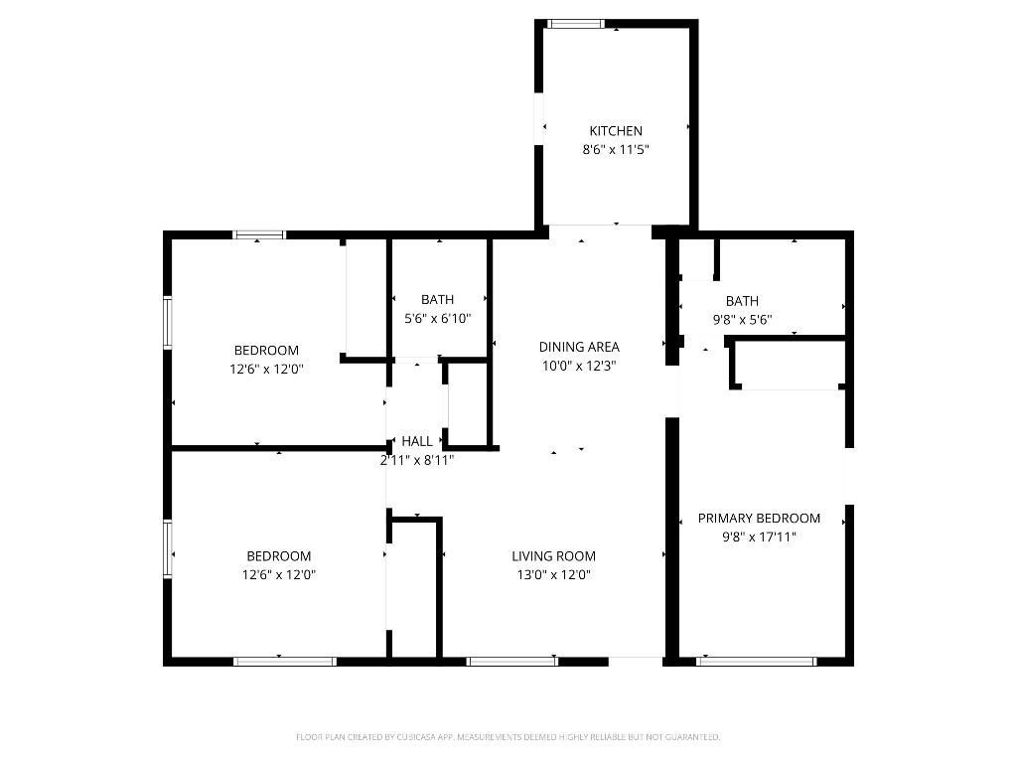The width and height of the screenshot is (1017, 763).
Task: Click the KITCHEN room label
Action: coord(616,131)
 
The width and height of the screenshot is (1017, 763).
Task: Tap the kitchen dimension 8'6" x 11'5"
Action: coord(616,150)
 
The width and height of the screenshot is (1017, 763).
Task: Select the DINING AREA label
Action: coord(579,347)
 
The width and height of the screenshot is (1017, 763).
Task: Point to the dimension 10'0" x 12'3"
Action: coord(579,366)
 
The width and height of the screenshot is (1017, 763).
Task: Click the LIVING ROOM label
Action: coord(553,556)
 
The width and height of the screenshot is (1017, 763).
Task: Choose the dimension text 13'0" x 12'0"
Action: coord(553,574)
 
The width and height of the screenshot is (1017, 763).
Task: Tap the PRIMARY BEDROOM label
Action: coord(759,519)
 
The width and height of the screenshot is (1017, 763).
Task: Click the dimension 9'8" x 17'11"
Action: coord(759,537)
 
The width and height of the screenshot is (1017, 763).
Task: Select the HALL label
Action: coord(417,441)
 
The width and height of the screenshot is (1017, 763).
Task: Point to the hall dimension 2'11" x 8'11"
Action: coord(417,460)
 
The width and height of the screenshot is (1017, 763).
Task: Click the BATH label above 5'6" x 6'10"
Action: coord(437,300)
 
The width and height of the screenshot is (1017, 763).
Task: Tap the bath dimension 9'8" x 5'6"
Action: coord(742,320)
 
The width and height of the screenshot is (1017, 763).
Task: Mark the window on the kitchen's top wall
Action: coord(576,24)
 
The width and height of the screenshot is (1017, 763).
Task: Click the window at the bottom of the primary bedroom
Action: coord(756,661)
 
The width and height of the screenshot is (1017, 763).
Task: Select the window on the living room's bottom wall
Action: coord(511,661)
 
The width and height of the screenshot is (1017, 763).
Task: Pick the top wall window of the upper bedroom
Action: coord(259,235)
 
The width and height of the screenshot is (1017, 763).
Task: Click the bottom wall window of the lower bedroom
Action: coord(284,661)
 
